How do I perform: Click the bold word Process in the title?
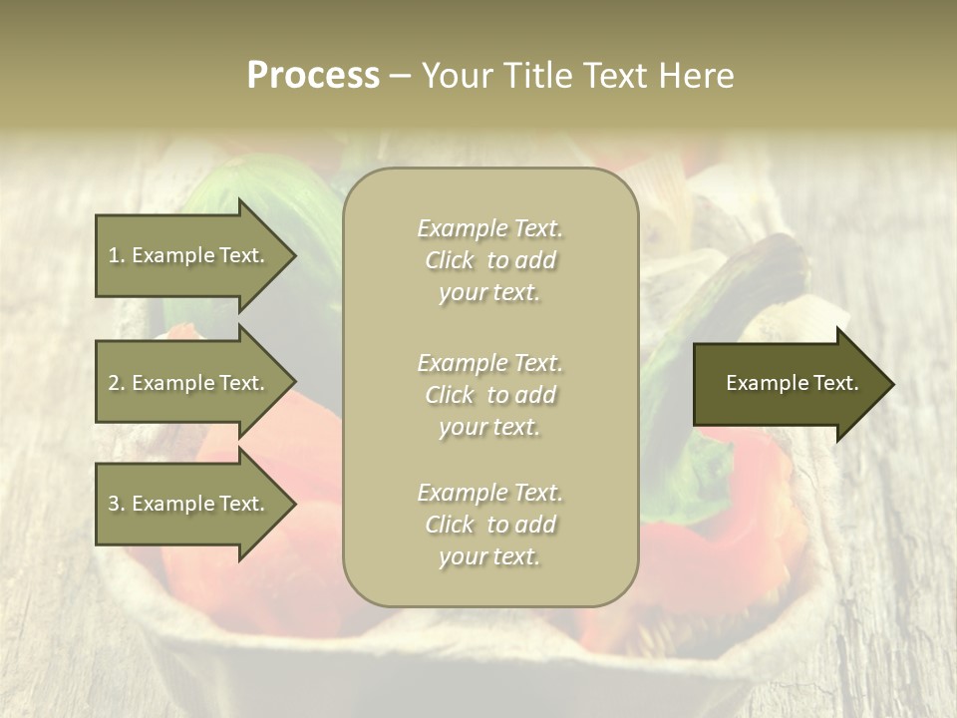[313, 76]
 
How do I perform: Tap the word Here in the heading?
[695, 76]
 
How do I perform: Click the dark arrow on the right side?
[788, 383]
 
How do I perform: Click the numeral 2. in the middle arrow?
[117, 383]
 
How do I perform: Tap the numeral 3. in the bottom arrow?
[117, 504]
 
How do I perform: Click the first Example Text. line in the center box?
[489, 228]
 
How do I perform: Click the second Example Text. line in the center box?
[489, 363]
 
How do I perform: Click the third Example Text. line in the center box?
[489, 493]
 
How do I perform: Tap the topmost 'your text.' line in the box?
[489, 293]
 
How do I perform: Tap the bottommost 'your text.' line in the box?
[489, 557]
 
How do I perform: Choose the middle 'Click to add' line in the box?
[489, 395]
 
